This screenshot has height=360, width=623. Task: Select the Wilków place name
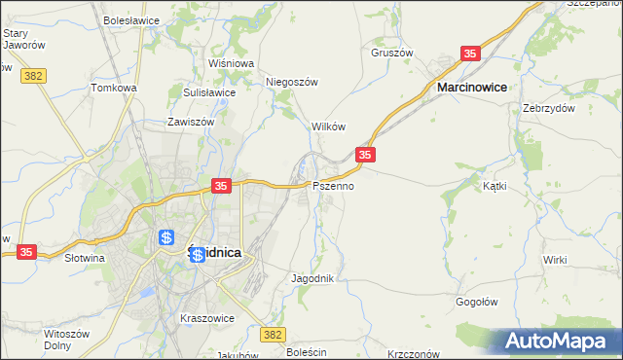[328, 126]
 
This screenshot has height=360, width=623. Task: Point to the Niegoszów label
[293, 83]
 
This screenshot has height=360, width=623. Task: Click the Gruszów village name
[392, 53]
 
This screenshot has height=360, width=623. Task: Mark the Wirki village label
[555, 260]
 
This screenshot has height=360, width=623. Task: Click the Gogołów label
[477, 302]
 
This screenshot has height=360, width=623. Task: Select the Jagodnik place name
[312, 278]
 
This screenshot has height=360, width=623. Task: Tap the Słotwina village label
[84, 259]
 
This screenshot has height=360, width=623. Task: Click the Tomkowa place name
[114, 88]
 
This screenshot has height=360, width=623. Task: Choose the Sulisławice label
[209, 92]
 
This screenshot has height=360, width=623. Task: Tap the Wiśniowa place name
[231, 63]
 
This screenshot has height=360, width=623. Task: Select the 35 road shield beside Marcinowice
[470, 54]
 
